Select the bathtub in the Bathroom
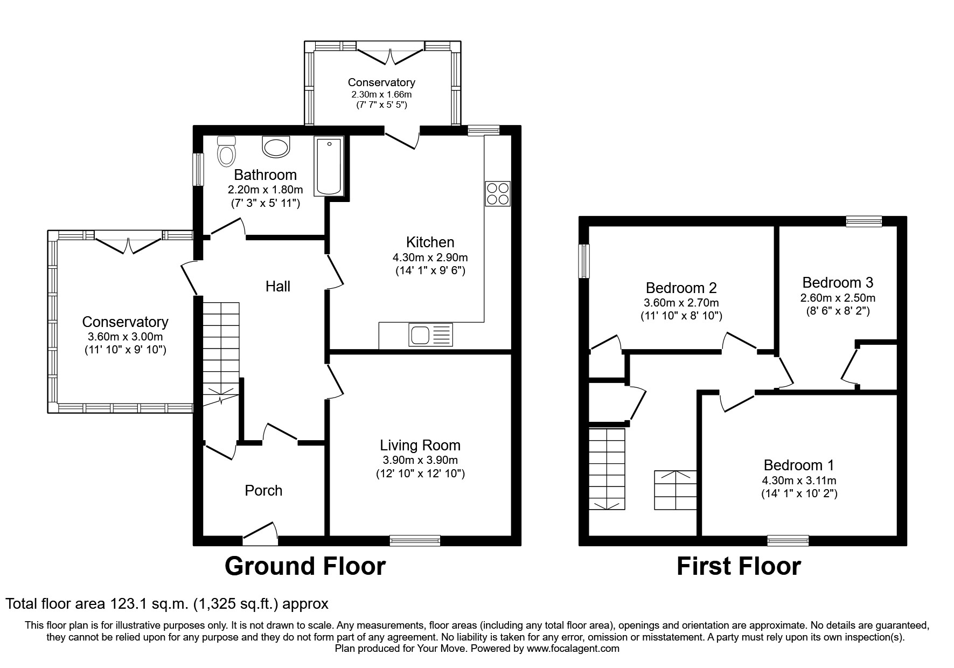(x=329, y=166)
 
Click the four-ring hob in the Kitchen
(x=498, y=194)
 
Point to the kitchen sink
(x=431, y=335)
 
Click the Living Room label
(x=420, y=446)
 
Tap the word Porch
(x=263, y=491)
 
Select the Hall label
(x=278, y=286)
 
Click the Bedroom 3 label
(x=838, y=282)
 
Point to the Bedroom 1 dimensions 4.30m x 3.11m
(x=800, y=481)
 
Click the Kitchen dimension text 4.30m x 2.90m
(x=430, y=258)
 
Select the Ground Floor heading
(x=305, y=566)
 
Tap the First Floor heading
(x=739, y=566)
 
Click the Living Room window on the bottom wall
(x=415, y=540)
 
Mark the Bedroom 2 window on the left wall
(x=584, y=261)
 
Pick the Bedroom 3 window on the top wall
(x=864, y=221)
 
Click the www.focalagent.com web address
(x=573, y=649)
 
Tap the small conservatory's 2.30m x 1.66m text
(x=381, y=94)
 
